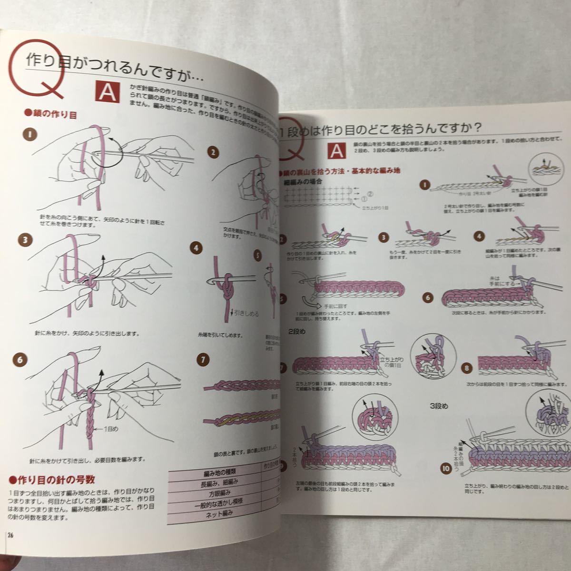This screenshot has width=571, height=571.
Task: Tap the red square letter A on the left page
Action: coord(108,92)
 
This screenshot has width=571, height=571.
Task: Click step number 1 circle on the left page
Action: coord(30,135)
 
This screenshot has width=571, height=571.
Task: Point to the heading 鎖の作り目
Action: coord(49,114)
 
